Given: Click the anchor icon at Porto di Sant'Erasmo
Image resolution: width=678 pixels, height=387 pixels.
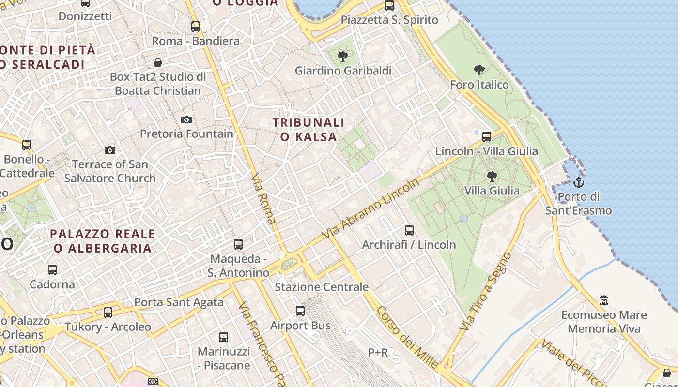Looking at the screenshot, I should coord(578,183).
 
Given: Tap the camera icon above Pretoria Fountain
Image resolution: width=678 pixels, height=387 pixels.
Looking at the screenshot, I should coord(186,119).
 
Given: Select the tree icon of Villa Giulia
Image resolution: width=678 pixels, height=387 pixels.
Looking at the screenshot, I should coord(492,176).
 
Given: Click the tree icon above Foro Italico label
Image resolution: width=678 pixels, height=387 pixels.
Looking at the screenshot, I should coord(479,70).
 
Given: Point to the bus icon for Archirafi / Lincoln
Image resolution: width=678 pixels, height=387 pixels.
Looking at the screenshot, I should coord(409,230).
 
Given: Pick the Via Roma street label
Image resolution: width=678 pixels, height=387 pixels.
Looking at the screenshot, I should coord(264,199).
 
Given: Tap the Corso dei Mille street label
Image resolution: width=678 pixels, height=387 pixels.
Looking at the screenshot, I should coord(408,337).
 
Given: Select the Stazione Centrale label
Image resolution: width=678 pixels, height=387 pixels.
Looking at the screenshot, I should coord(322,287).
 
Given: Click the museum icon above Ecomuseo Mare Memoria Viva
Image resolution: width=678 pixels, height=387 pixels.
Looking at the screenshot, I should coord(604,300).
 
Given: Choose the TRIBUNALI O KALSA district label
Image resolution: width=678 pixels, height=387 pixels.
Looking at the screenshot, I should coord(308,130).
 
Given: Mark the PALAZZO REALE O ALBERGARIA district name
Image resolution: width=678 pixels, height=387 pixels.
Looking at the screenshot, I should coord(103,241).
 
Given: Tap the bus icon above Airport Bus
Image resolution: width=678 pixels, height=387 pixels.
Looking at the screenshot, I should coord(300,311).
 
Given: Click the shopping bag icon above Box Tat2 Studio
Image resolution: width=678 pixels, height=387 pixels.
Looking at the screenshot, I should coord(158,62).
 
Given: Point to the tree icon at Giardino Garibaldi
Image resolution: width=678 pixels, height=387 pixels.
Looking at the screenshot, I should coord(343,57).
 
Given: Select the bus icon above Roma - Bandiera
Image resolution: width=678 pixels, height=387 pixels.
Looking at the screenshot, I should coord(196,27).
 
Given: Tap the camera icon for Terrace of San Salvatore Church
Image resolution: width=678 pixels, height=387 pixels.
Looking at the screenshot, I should coord(110,150).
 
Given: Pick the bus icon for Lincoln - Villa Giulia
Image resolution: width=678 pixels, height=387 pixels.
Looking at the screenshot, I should coord(487,137).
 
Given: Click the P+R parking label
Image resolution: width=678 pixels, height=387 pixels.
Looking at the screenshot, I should coord(378,353).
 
